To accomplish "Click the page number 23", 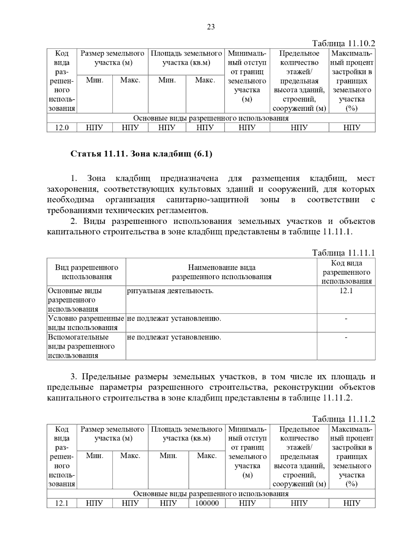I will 211,27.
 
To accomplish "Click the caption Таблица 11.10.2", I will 343,44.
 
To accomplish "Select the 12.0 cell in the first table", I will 62,128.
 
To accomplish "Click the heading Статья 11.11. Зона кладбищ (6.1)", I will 142,153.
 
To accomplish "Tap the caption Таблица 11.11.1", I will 343,253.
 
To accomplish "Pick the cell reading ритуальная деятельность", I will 170,291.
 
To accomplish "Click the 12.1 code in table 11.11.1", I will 346,291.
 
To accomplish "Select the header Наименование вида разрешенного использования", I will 222,272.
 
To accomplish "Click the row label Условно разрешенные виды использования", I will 86,323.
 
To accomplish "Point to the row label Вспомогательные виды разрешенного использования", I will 81,346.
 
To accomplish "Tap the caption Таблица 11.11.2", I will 343,419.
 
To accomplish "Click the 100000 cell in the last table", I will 207,503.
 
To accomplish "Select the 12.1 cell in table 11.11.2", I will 62,503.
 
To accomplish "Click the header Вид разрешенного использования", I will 86,272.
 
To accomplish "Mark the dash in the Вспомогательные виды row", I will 346,337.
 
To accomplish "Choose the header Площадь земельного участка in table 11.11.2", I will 186,434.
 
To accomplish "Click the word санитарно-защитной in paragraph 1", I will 208,199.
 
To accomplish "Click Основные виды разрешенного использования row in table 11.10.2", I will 211,118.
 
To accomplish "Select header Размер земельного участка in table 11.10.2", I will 112,58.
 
